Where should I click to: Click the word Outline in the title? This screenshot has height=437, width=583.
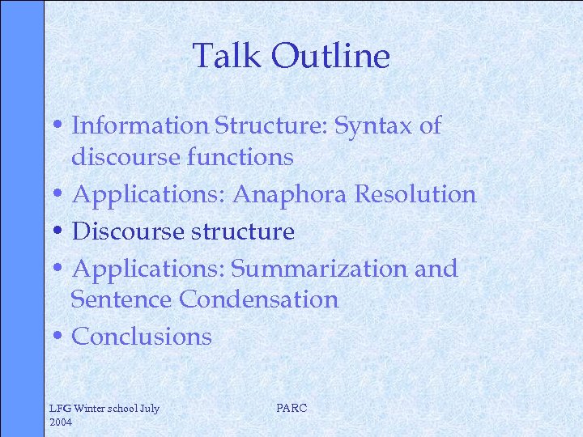coord(331,56)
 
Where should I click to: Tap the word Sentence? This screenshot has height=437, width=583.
coord(122,299)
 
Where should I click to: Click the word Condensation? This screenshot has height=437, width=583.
coord(258,299)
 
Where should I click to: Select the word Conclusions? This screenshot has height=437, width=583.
coord(142,336)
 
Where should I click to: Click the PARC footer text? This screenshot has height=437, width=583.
coord(291,409)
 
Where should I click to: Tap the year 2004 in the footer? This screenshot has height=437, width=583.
coord(61,422)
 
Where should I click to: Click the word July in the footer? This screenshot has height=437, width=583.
coord(150,409)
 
